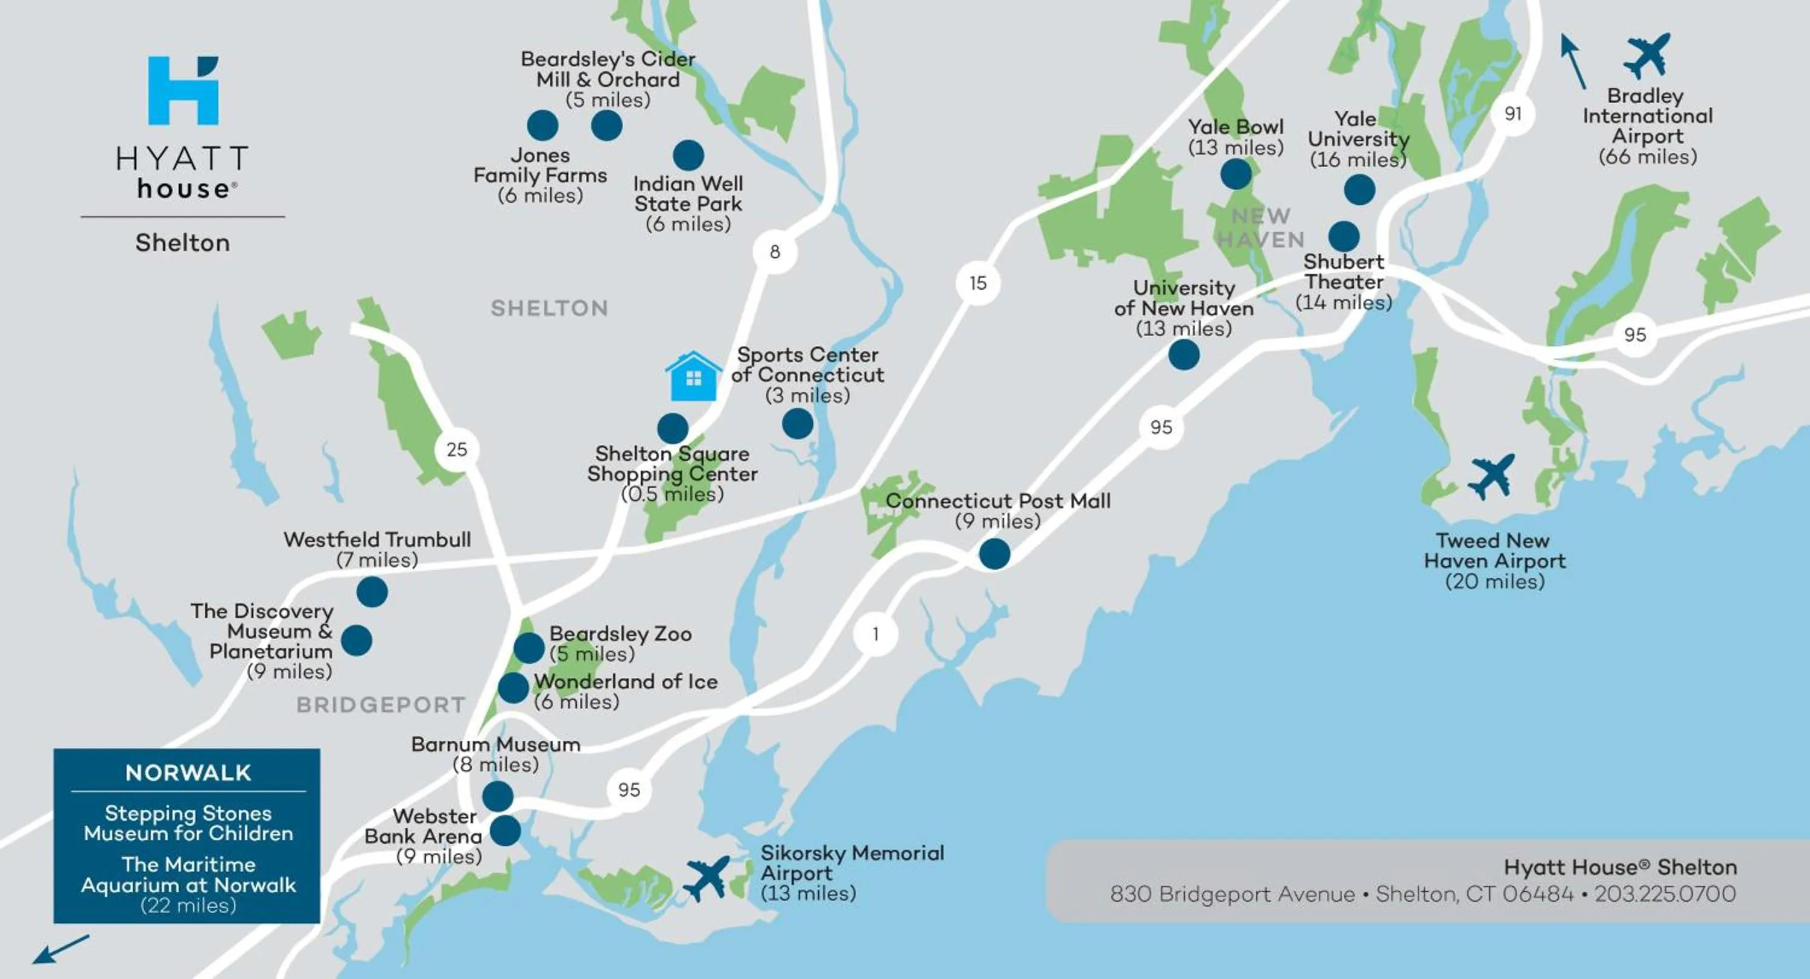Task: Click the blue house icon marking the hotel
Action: tap(693, 377)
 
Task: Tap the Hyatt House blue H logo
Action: tap(183, 91)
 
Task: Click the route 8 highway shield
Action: tap(774, 252)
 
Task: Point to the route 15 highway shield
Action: tap(977, 283)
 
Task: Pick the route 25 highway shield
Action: tap(457, 449)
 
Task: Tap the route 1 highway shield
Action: tap(875, 634)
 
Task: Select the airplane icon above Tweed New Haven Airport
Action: tap(1491, 476)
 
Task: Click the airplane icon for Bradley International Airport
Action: tap(1647, 55)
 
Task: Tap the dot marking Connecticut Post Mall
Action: tap(994, 554)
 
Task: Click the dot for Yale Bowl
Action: tap(1235, 174)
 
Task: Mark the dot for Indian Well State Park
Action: tap(688, 155)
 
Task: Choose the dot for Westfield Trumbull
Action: tap(372, 592)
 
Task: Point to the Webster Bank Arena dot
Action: tap(504, 831)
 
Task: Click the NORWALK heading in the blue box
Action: tap(188, 773)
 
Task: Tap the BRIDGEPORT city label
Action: tap(380, 705)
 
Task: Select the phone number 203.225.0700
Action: tap(1665, 894)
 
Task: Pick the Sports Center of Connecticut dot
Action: tap(798, 424)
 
